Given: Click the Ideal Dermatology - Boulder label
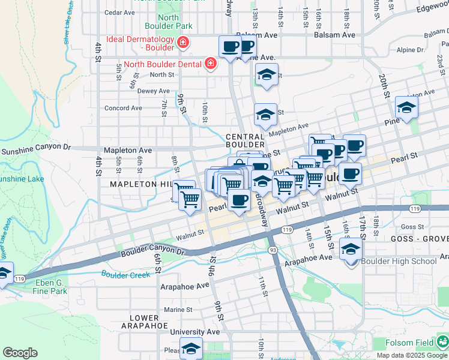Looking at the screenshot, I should coord(140,43).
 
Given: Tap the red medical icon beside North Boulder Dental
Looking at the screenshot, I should coord(210,64).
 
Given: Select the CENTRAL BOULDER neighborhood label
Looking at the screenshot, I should coord(245,141).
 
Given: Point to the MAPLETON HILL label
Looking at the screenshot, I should coord(141,185).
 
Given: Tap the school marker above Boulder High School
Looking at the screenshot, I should coord(351,248).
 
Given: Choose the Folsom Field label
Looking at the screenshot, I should coord(411,343).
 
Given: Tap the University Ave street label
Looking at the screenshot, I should coord(195,331).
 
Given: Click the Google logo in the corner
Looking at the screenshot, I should coord(20,353).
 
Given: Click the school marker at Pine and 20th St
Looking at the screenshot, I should coord(406,107).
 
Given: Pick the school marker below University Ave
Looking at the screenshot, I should coord(191,348).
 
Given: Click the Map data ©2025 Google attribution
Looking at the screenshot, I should coord(412,355).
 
